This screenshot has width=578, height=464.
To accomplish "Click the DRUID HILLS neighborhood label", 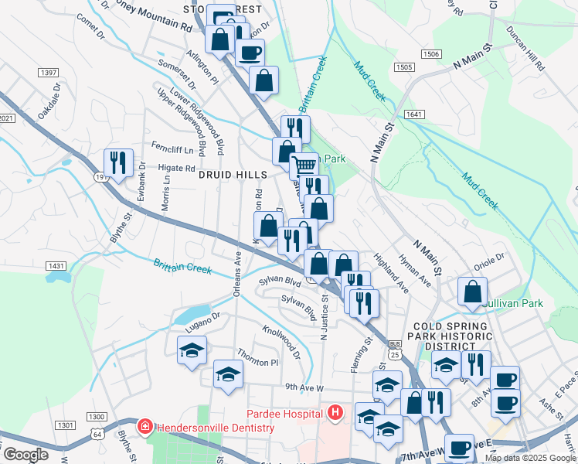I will coord(232,176).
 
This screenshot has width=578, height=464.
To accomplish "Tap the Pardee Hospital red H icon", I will coord(335,414).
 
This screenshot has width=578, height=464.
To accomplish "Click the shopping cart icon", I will coord(304,165).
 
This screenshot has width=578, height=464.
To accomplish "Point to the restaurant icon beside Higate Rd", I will coord(118,162).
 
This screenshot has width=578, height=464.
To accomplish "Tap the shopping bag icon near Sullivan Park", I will coord(472,292).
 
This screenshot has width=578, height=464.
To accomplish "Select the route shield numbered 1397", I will coord(48,72).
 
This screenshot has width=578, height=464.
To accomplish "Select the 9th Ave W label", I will coord(303,386).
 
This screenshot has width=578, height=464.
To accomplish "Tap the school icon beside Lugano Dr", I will coord(192,350).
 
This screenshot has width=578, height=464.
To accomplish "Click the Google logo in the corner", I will coord(25,455).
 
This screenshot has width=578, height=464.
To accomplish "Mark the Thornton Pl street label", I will coord(257,361).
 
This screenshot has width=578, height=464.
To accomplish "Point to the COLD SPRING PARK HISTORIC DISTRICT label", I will coord(451,336).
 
